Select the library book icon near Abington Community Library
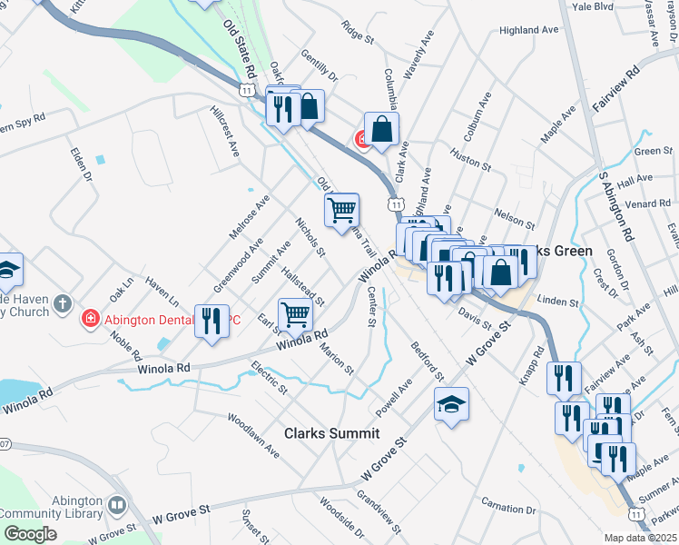click(116, 504)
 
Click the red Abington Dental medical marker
click(91, 318)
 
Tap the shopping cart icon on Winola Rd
click(296, 314)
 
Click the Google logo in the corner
click(30, 533)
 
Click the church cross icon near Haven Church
click(62, 303)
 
